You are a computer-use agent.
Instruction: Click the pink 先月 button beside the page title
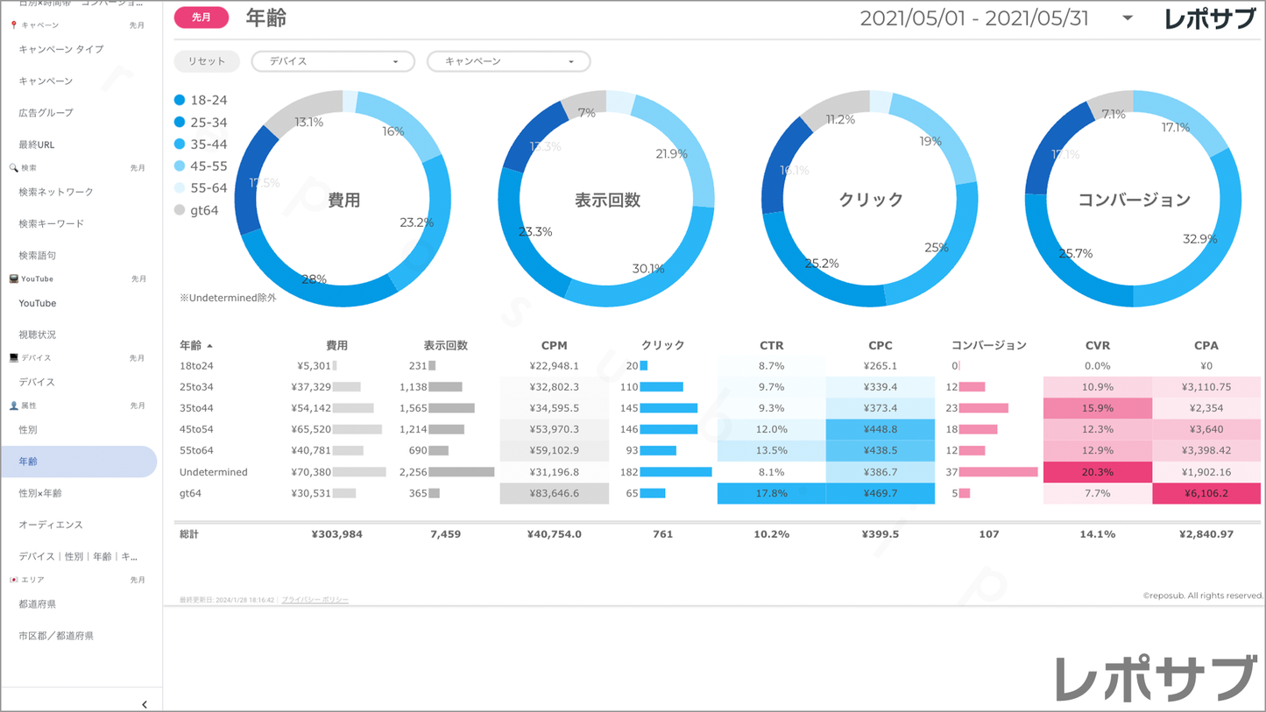[202, 18]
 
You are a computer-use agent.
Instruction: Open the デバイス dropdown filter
[332, 61]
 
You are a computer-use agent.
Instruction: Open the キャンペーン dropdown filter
[508, 61]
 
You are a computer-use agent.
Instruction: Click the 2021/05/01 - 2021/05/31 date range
[974, 18]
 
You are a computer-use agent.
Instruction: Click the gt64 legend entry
[196, 210]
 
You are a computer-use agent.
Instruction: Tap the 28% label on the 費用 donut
[314, 279]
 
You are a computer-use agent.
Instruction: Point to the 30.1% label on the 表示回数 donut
[648, 269]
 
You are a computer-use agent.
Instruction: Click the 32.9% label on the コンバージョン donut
[1200, 239]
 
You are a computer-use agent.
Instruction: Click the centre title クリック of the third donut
[870, 200]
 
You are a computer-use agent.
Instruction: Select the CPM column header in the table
[554, 345]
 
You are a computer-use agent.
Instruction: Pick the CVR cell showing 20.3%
[1097, 472]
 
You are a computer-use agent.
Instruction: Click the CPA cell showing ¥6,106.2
[1206, 493]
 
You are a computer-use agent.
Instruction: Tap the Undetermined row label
[213, 472]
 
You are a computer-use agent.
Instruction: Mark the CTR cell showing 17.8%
[771, 493]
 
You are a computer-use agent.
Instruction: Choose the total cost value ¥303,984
[336, 533]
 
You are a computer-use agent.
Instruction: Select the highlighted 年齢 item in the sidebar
[79, 462]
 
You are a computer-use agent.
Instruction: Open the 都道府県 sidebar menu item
[38, 604]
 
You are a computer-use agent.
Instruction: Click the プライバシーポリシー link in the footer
[315, 600]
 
